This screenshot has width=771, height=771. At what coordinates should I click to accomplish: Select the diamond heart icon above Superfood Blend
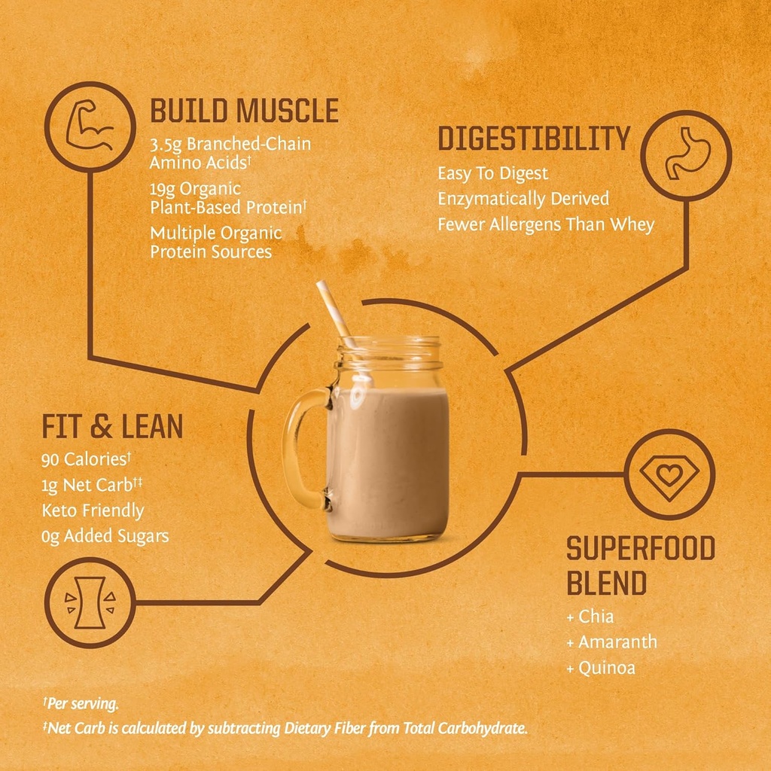pos(669,475)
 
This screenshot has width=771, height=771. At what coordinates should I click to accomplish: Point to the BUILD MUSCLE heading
pos(244,111)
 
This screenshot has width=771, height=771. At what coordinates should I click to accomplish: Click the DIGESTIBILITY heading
pos(534,139)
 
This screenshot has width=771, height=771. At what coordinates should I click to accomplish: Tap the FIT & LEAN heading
pos(112,427)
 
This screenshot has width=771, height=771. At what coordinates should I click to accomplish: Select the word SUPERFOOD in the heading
pos(640,549)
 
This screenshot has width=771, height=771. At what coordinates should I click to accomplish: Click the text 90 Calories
pos(87,459)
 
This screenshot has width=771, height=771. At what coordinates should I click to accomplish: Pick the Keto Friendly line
pos(93,510)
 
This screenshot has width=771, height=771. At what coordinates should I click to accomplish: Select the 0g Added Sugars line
pos(105,536)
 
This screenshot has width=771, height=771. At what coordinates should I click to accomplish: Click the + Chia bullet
pos(590,617)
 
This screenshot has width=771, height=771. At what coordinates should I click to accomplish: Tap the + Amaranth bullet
pos(611,642)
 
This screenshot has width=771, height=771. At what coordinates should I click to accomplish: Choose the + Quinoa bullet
pos(601,668)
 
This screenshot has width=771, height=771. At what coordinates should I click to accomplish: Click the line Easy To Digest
pos(493,174)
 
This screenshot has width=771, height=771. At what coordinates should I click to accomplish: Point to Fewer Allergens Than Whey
pos(546,224)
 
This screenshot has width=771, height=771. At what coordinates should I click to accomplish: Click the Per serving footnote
pos(81,704)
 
